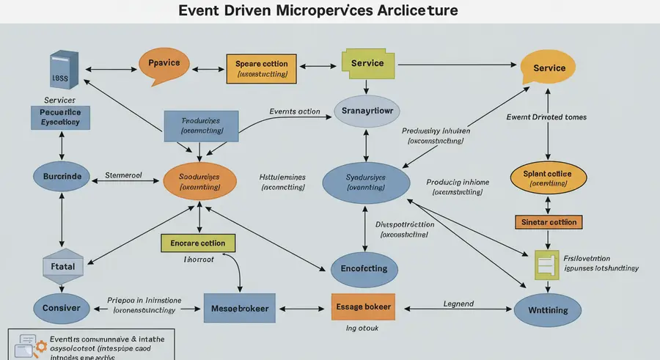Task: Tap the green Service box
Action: click(367, 65)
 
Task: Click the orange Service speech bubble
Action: click(549, 69)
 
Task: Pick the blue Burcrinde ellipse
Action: click(62, 176)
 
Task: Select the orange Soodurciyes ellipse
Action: click(199, 182)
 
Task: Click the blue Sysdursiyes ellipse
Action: click(366, 182)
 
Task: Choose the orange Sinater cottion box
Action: click(548, 221)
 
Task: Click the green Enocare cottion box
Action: click(198, 243)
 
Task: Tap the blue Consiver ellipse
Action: click(61, 309)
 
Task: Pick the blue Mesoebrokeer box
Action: click(240, 309)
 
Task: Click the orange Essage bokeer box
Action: click(362, 307)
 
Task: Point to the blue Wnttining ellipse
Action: click(548, 309)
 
